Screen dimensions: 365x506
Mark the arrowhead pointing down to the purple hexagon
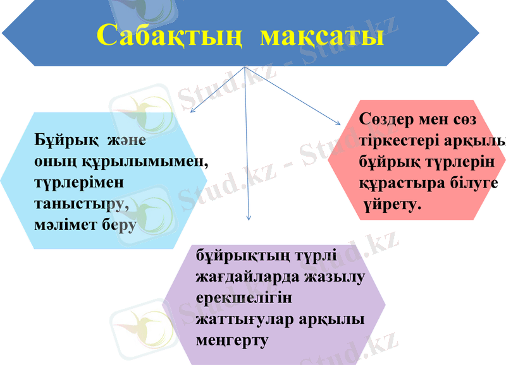(x=249, y=218)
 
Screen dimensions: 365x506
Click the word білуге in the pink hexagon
(x=476, y=182)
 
